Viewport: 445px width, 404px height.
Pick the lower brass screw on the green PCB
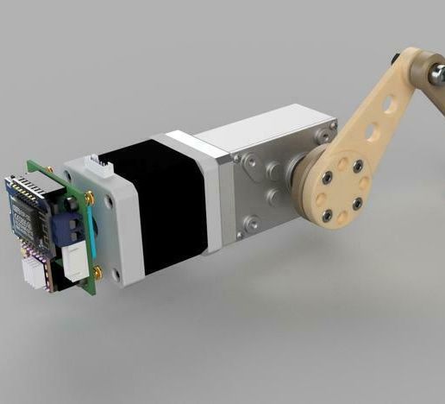click(x=98, y=275)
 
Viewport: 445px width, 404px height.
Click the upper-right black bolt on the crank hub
click(x=356, y=165)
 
